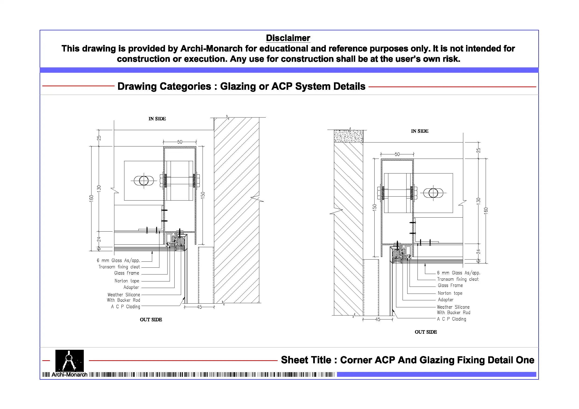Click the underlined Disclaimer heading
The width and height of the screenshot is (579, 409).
[x=288, y=38]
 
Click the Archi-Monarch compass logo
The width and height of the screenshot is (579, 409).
[x=69, y=360]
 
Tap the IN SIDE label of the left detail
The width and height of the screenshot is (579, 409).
[x=157, y=119]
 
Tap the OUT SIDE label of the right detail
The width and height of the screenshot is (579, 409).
[x=426, y=332]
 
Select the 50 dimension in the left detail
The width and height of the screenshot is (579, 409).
[x=179, y=142]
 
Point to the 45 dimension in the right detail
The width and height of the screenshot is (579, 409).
[x=378, y=319]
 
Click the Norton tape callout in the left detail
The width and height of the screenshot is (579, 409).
[x=127, y=281]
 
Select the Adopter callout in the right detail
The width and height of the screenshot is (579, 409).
[x=446, y=300]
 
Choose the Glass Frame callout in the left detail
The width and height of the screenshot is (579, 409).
[x=126, y=273]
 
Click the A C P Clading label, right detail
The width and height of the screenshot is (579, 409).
[x=451, y=319]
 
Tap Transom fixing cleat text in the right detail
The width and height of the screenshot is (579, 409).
[x=458, y=279]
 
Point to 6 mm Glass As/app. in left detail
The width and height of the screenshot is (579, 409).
[x=118, y=260]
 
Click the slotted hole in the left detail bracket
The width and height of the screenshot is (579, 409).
[x=144, y=181]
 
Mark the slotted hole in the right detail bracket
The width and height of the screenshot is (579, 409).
[x=433, y=193]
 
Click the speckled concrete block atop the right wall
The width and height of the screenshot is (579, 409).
[x=348, y=136]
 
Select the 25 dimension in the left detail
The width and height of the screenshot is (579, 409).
[x=99, y=138]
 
